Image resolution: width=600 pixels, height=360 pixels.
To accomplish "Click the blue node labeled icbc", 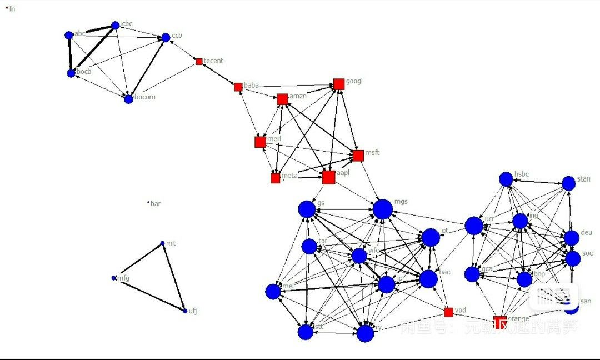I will point(116,25).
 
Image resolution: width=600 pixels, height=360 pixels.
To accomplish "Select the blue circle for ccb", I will point(166,37).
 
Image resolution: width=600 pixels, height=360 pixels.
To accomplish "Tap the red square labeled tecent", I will point(199,61).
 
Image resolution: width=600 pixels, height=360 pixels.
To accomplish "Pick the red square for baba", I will point(238,87).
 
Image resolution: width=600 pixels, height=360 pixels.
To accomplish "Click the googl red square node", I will point(339,84).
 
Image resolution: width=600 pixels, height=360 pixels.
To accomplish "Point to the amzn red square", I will point(282,99).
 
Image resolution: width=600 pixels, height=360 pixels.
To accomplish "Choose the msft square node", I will point(357,155).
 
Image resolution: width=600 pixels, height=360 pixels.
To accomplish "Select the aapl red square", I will point(328,177).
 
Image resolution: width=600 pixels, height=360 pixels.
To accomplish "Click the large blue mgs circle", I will point(382,209).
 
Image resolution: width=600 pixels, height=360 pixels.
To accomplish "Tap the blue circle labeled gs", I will point(307,209).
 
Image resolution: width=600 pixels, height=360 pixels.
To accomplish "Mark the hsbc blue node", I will point(506,179).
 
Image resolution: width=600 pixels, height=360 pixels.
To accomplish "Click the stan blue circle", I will point(568,183).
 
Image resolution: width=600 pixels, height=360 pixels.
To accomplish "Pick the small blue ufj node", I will point(185,311).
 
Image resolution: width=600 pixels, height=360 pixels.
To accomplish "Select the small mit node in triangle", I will point(162,243).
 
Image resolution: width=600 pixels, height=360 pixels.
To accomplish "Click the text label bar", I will point(156,204).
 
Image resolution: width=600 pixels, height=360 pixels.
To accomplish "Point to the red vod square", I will point(448,312).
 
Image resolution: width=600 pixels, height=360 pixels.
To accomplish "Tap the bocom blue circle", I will point(128,99).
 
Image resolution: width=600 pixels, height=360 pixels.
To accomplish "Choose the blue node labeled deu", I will point(572,238).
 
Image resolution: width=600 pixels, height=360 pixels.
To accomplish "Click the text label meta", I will point(289,176).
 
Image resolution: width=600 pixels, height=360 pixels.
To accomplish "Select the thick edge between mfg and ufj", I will point(149,294).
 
